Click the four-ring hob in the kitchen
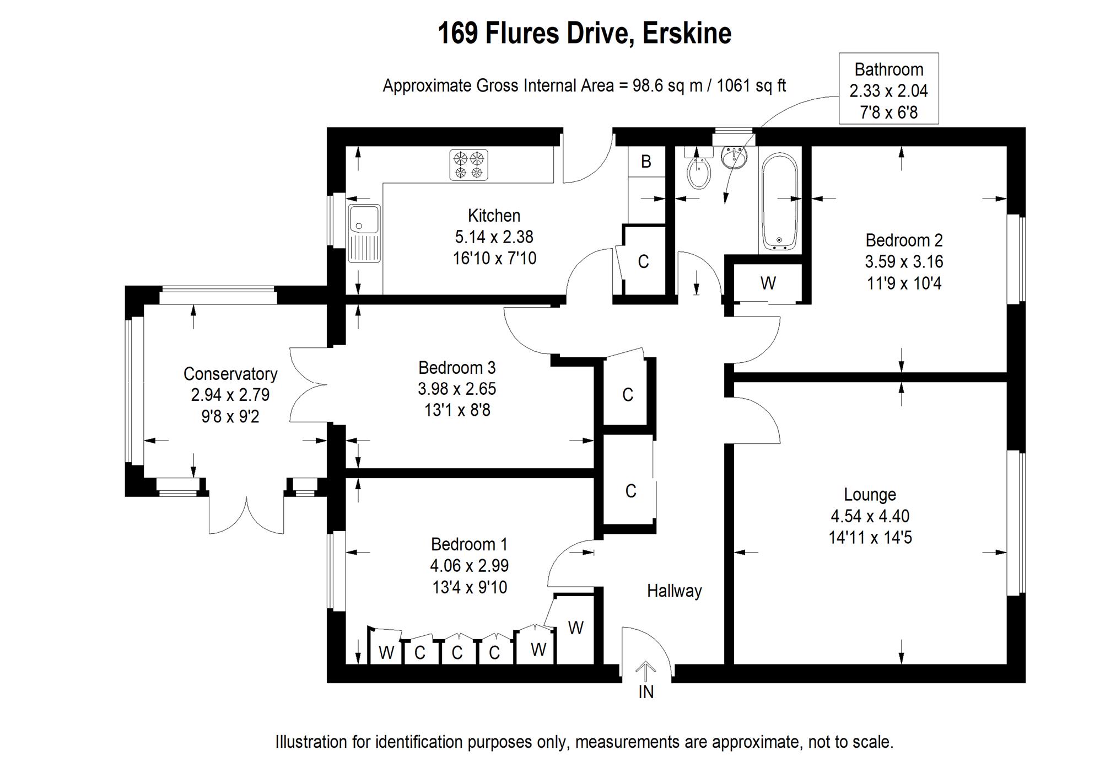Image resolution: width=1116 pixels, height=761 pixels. click(468, 165)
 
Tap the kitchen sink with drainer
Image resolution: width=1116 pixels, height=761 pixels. click(364, 233)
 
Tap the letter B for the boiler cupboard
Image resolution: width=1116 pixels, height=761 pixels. click(646, 162)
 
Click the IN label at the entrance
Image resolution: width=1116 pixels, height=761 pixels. click(646, 692)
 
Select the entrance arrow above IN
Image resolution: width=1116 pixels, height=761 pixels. click(645, 672)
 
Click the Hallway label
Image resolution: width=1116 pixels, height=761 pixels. click(674, 591)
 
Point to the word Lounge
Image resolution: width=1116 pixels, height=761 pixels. click(870, 495)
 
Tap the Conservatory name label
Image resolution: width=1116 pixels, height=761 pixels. click(230, 374)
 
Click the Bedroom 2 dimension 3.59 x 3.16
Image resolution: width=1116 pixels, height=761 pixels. click(904, 261)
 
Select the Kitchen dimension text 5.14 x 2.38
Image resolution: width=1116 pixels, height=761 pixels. click(494, 237)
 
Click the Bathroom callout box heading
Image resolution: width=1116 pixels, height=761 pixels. click(888, 69)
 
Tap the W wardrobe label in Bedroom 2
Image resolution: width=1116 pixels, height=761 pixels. click(768, 283)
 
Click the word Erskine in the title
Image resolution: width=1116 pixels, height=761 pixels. click(687, 33)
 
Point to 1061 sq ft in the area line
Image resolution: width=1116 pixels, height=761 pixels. click(751, 86)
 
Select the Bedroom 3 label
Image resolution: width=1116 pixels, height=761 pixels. click(457, 367)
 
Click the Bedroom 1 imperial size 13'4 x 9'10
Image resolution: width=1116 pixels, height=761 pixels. click(470, 587)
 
